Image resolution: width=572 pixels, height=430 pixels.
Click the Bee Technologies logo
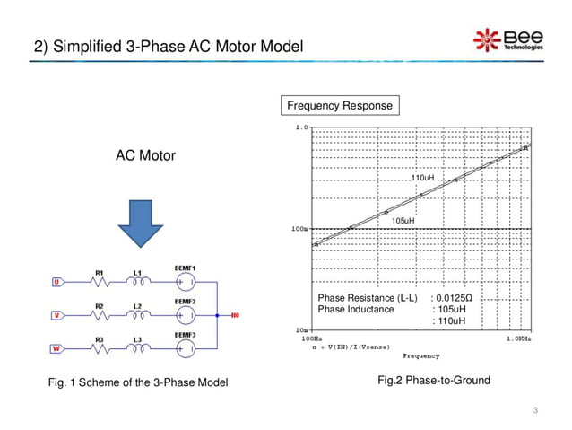click(x=508, y=40)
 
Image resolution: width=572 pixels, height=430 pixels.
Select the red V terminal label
click(x=56, y=315)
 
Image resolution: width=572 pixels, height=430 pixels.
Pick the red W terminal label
click(x=56, y=348)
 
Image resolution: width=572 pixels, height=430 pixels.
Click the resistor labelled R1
click(x=100, y=281)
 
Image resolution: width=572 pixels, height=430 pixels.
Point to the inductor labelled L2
click(x=137, y=315)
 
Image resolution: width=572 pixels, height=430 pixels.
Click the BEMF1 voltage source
click(x=186, y=281)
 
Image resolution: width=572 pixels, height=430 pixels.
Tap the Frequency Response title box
click(x=339, y=107)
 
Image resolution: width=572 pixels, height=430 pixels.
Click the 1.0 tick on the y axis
click(x=302, y=127)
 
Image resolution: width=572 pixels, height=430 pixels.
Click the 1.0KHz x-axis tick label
click(x=517, y=339)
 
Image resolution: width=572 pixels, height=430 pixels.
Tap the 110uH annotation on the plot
click(x=422, y=179)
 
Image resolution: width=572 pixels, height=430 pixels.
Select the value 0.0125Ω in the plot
click(x=452, y=297)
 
